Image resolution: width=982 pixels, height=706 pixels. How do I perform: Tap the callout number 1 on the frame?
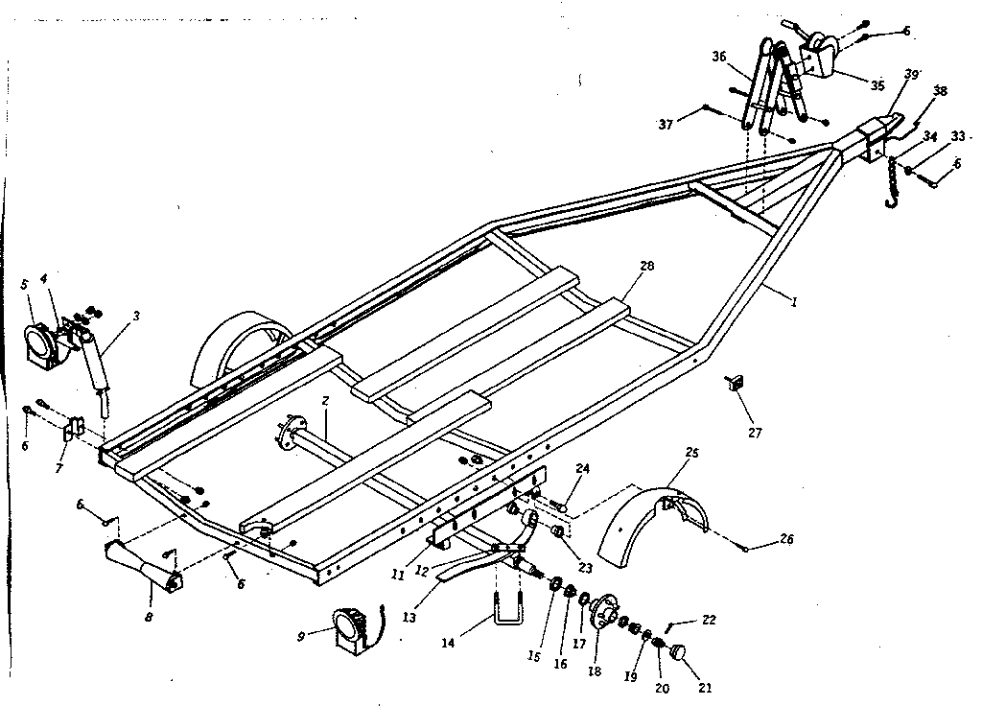click(x=794, y=299)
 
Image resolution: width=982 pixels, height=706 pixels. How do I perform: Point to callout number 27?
click(x=755, y=433)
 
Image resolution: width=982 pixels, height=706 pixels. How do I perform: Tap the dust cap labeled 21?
click(x=679, y=654)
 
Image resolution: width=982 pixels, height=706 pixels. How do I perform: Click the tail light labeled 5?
click(x=39, y=341)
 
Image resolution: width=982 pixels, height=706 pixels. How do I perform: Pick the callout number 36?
click(x=718, y=56)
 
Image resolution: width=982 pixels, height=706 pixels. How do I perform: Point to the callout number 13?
click(x=410, y=618)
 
